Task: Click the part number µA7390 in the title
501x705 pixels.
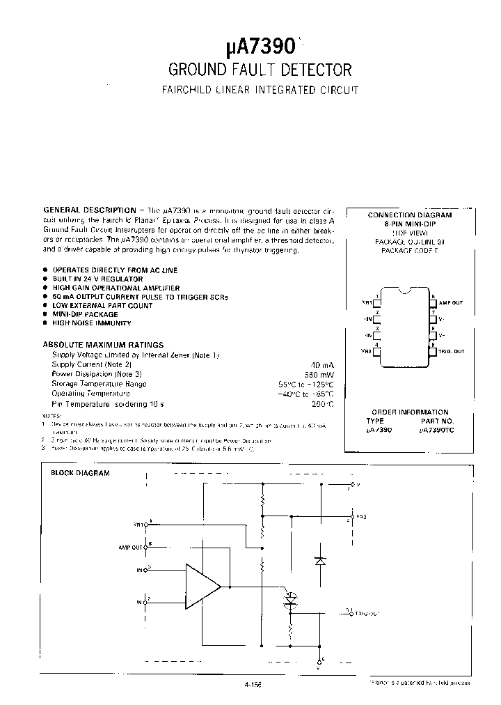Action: point(261,47)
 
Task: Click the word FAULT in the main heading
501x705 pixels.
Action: point(257,70)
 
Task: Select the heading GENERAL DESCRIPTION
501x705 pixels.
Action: point(90,210)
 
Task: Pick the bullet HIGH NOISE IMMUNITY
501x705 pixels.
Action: point(91,323)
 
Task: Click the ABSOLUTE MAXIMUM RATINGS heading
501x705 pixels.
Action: point(103,344)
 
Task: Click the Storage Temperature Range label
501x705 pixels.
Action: point(99,384)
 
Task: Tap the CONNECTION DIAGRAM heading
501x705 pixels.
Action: point(410,215)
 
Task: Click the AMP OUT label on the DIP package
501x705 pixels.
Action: point(452,303)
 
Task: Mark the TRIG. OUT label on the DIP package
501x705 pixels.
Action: point(451,352)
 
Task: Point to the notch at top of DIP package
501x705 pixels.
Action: point(404,288)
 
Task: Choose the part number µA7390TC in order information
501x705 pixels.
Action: point(436,431)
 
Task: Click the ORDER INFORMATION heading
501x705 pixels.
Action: point(410,412)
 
